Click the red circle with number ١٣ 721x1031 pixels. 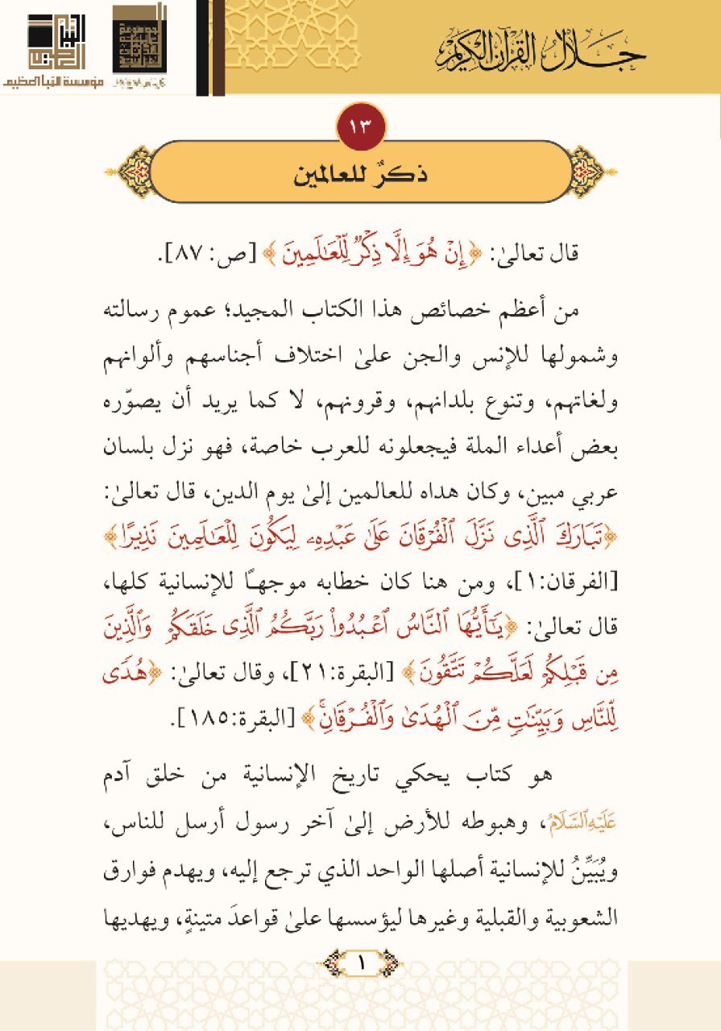361,126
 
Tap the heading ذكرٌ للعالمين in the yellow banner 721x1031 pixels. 360,174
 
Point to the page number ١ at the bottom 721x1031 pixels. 361,963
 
